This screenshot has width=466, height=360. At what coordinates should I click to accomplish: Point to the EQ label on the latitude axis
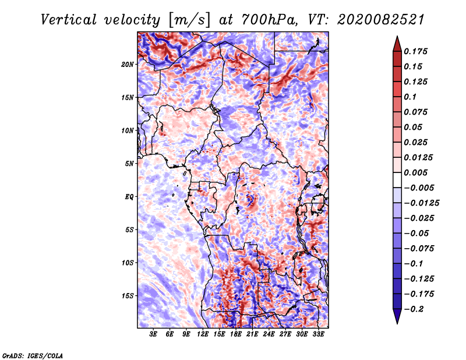[x=129, y=196]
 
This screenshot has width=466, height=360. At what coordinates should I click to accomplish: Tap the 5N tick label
[x=129, y=164]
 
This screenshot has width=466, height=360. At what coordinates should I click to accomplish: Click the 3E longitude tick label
[x=153, y=334]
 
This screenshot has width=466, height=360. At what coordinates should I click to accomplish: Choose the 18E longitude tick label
[x=236, y=334]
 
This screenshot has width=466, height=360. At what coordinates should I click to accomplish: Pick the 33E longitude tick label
[x=319, y=334]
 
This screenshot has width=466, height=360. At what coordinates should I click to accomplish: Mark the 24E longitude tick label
[x=269, y=334]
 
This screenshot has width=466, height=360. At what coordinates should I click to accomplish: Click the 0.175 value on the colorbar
[x=418, y=51]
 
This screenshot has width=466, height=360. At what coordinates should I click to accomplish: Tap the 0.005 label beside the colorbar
[x=418, y=172]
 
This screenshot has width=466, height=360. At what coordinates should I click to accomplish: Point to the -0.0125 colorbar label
[x=422, y=203]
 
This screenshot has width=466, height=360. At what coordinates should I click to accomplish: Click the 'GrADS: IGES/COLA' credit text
[x=32, y=355]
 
